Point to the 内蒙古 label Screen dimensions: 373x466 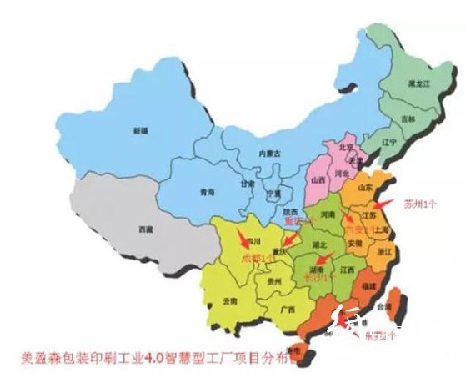pyautogui.click(x=270, y=153)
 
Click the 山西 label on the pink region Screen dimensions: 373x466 pyautogui.click(x=318, y=180)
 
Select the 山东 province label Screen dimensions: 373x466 pyautogui.click(x=364, y=189)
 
